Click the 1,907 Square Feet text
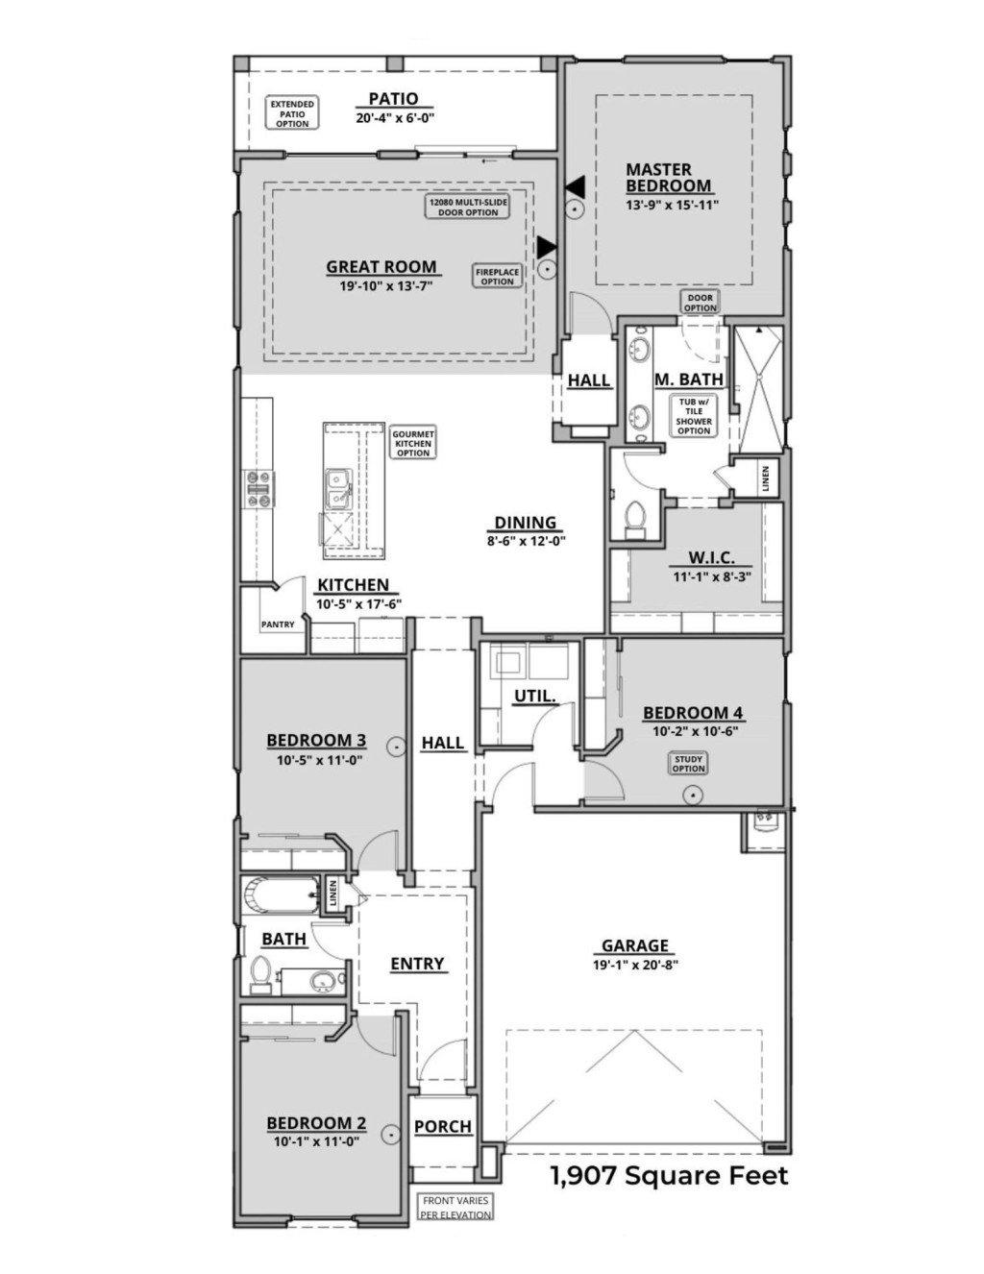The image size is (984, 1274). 668,1174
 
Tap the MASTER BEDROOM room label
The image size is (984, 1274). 669,178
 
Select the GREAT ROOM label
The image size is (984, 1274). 381,267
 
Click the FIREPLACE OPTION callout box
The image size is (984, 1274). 497,276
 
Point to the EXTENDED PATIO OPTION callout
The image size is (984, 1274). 292,113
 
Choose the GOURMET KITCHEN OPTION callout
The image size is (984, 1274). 413,443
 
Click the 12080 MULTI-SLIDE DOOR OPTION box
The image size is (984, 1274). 468,207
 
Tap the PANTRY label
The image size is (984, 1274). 277,625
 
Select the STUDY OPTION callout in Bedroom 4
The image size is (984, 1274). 688,763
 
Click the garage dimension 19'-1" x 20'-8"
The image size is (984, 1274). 635,965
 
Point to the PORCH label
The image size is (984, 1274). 443,1126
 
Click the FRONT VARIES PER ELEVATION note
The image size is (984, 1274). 455,1207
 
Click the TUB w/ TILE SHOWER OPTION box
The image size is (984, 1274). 693,416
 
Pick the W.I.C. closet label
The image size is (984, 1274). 712,558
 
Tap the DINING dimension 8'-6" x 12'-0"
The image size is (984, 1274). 526,540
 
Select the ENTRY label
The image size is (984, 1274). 417,964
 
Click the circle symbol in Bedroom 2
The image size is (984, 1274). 391,1135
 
